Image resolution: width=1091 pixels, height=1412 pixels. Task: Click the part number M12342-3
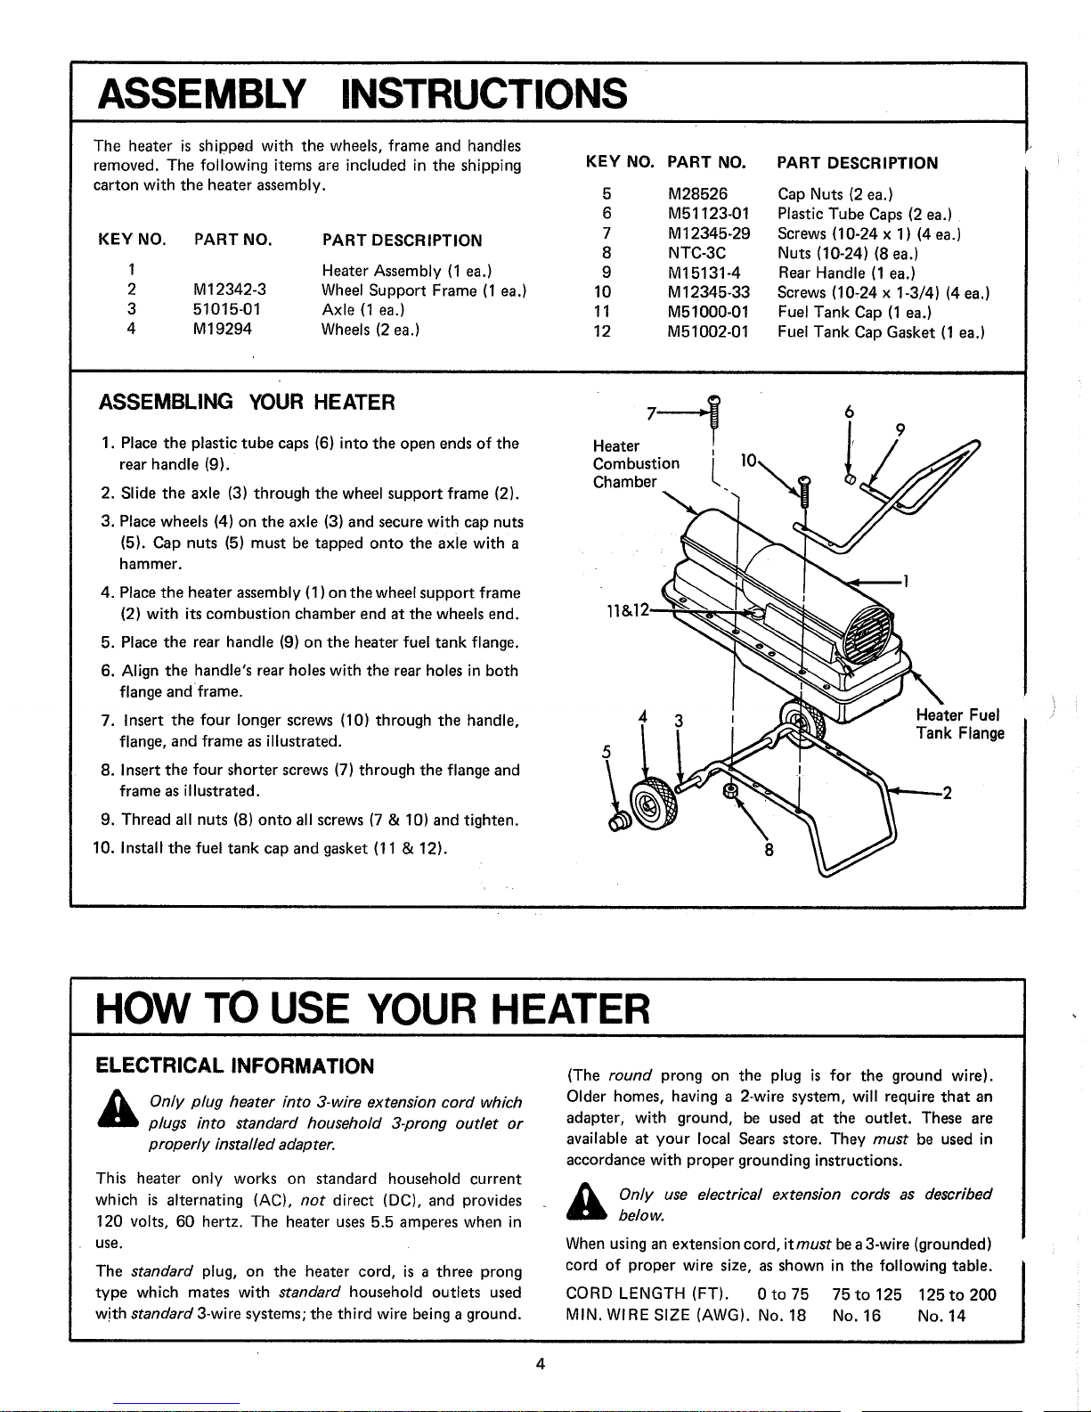(229, 290)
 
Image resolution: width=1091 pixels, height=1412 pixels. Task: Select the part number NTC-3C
(696, 253)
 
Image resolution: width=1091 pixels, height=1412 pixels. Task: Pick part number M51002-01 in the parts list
(709, 331)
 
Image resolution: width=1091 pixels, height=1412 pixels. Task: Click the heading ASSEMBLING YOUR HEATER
(247, 403)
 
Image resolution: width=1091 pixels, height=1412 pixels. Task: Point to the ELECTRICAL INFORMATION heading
(235, 1066)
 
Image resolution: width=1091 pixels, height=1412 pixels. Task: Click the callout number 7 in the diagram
(651, 414)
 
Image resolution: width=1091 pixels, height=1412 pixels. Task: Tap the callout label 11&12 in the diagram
(627, 611)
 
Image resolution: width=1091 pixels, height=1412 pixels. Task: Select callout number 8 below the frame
(769, 850)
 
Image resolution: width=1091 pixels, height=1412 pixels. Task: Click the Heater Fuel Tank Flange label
(960, 724)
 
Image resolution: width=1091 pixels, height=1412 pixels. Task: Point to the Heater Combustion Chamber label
(636, 464)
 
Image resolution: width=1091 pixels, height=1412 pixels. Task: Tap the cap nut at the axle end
(618, 821)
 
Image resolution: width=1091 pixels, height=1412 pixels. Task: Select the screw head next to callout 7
(714, 400)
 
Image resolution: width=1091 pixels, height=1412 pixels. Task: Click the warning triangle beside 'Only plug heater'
(118, 1109)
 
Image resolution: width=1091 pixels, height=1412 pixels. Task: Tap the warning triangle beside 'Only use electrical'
(587, 1202)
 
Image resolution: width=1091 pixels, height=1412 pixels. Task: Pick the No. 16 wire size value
(857, 1316)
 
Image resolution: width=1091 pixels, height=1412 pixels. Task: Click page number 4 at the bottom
(541, 1364)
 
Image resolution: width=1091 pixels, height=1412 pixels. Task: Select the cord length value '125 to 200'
(957, 1294)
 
